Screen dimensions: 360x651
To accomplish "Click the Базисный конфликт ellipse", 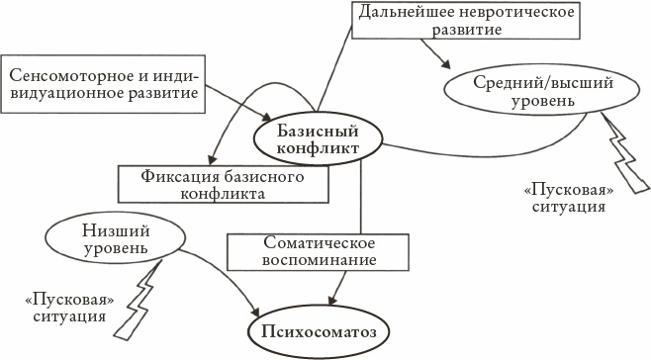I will click(320, 138).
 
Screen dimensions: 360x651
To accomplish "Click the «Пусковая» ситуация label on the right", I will click(563, 198).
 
